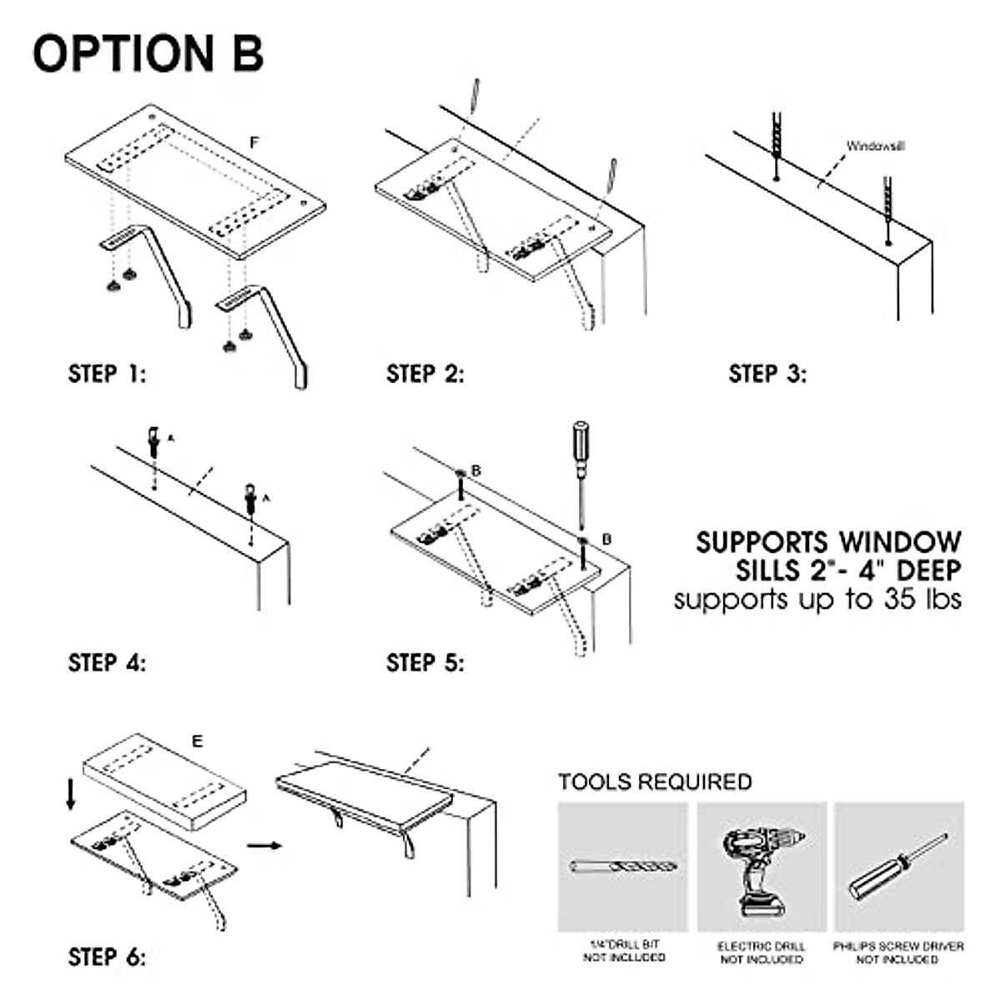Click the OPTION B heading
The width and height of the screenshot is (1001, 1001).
point(148,53)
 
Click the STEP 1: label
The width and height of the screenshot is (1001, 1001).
point(107,374)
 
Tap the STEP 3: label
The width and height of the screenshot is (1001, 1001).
point(767,374)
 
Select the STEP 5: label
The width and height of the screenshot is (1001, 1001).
point(425,663)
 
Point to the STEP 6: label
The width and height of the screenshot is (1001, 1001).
point(107,957)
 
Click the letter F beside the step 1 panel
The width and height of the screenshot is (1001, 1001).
point(254,143)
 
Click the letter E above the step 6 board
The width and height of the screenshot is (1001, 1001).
point(197,742)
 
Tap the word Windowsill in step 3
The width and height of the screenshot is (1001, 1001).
point(875,146)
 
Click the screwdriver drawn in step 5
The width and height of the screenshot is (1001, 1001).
point(578,471)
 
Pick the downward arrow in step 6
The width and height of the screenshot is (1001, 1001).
point(71,794)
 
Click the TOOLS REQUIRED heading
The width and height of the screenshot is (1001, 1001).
point(655,782)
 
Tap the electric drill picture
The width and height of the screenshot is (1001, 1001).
point(762,868)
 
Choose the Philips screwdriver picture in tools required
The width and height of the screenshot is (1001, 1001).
point(898,868)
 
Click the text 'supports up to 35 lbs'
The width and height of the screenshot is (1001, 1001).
point(817,599)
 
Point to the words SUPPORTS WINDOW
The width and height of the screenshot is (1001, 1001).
point(828,542)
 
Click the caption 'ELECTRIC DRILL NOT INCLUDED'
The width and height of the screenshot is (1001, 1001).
point(762,953)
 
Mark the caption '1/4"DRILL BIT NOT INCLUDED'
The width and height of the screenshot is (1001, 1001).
point(624,951)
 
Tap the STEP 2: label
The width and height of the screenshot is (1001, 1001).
point(425,374)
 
